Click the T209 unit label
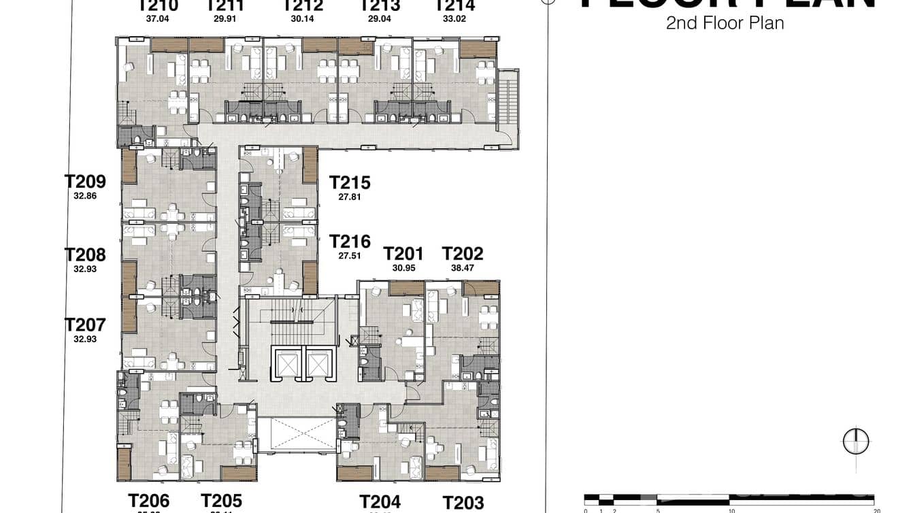click(85, 182)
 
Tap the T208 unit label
click(85, 255)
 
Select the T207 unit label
click(85, 325)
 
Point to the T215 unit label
click(350, 183)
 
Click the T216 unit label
click(350, 242)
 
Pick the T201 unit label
click(403, 254)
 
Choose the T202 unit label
click(463, 254)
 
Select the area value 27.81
click(350, 197)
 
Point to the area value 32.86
click(85, 196)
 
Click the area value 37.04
click(157, 19)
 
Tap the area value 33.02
click(454, 19)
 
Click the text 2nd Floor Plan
click(725, 23)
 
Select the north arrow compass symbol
click(856, 442)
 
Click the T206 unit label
click(148, 501)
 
